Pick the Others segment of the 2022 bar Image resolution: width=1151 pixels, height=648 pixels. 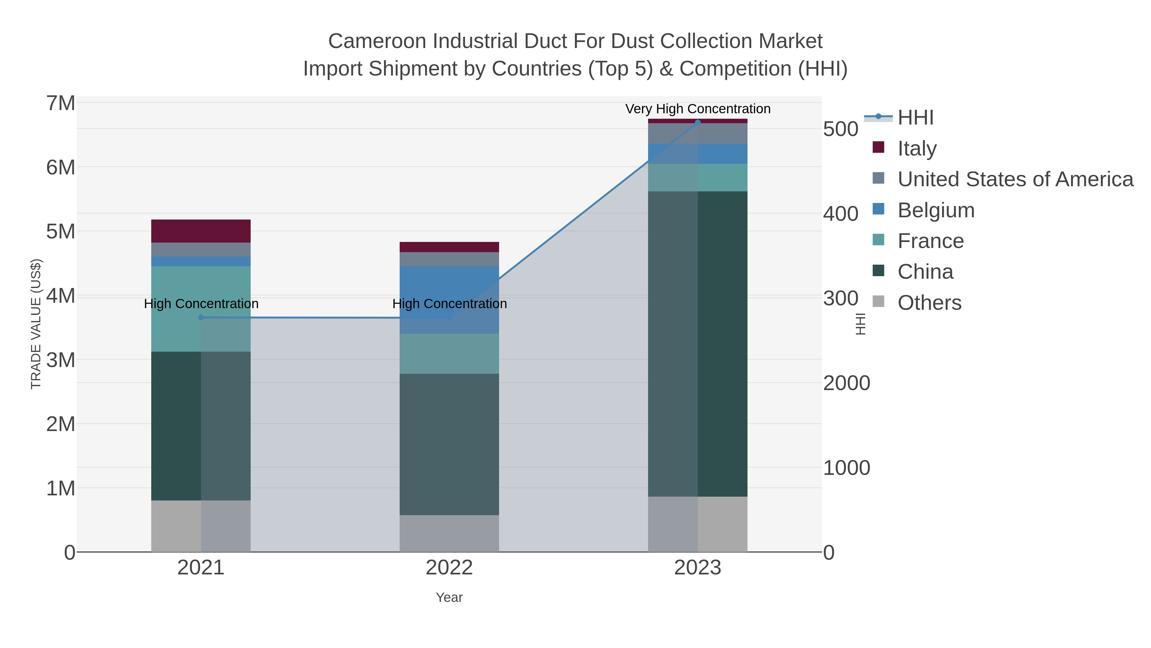click(x=449, y=533)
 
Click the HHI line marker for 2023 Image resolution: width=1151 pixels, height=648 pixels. click(x=698, y=122)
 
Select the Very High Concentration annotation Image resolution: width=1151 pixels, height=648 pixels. click(x=698, y=109)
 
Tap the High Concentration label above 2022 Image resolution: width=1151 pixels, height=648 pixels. click(x=449, y=304)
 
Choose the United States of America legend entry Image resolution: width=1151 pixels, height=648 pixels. click(x=1015, y=179)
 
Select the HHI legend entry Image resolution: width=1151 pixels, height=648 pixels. click(x=915, y=118)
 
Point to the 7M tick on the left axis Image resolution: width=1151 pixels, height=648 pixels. click(x=61, y=103)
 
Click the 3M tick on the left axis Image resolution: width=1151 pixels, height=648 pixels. click(x=61, y=360)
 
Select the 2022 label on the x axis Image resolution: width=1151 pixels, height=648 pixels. click(x=449, y=568)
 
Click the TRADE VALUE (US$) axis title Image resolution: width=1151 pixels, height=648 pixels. click(x=36, y=324)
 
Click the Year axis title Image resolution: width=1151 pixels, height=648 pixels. click(x=449, y=597)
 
